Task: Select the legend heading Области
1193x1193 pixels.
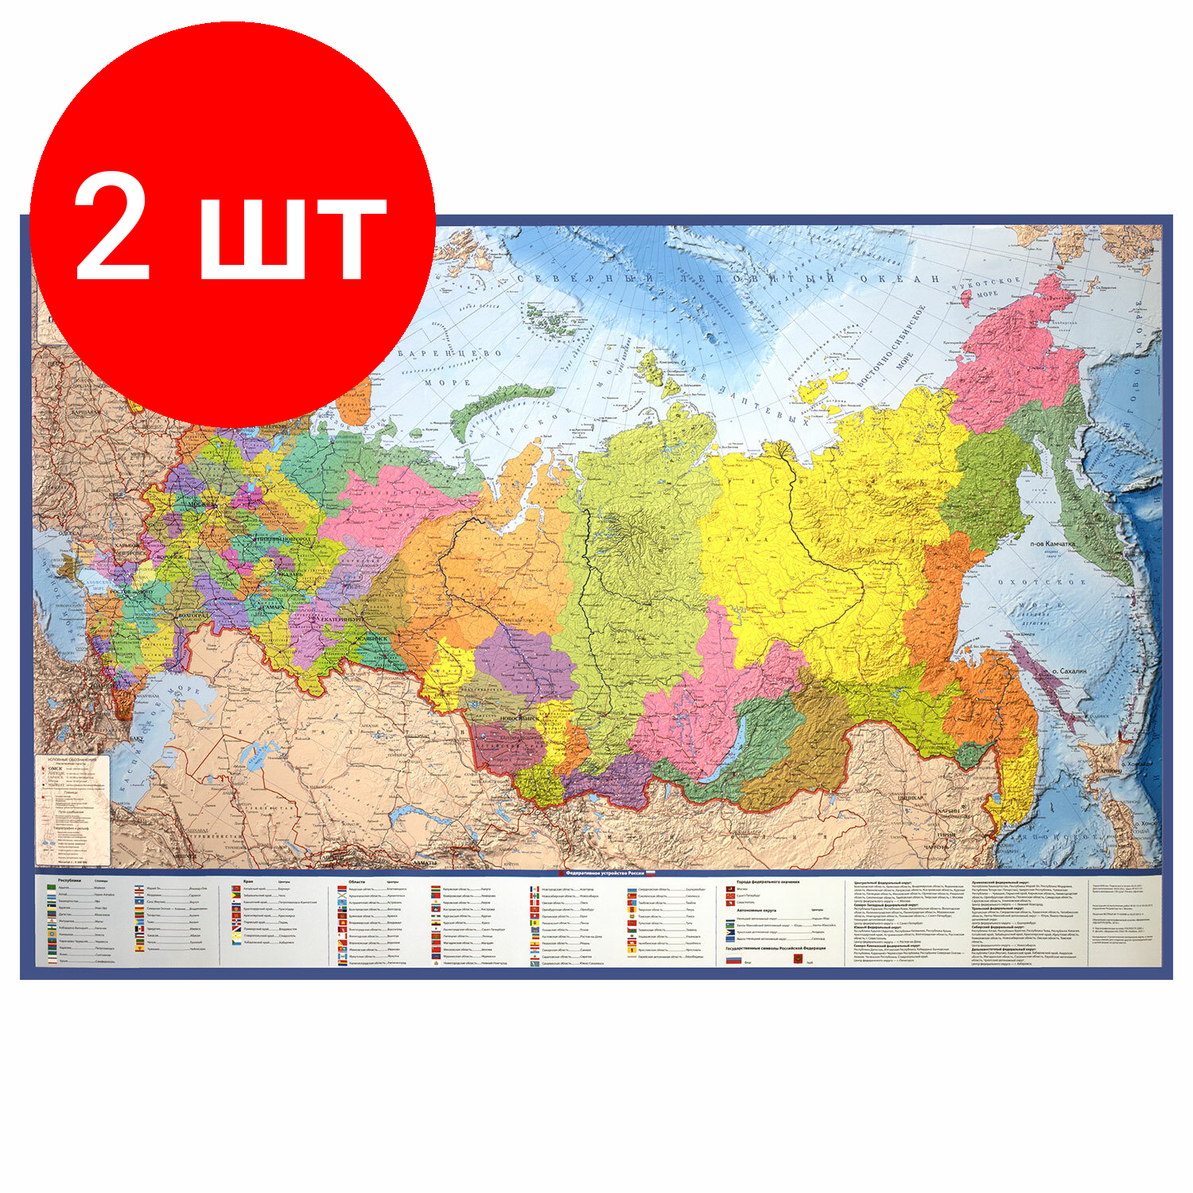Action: [357, 882]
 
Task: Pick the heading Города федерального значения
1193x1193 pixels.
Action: [767, 882]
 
